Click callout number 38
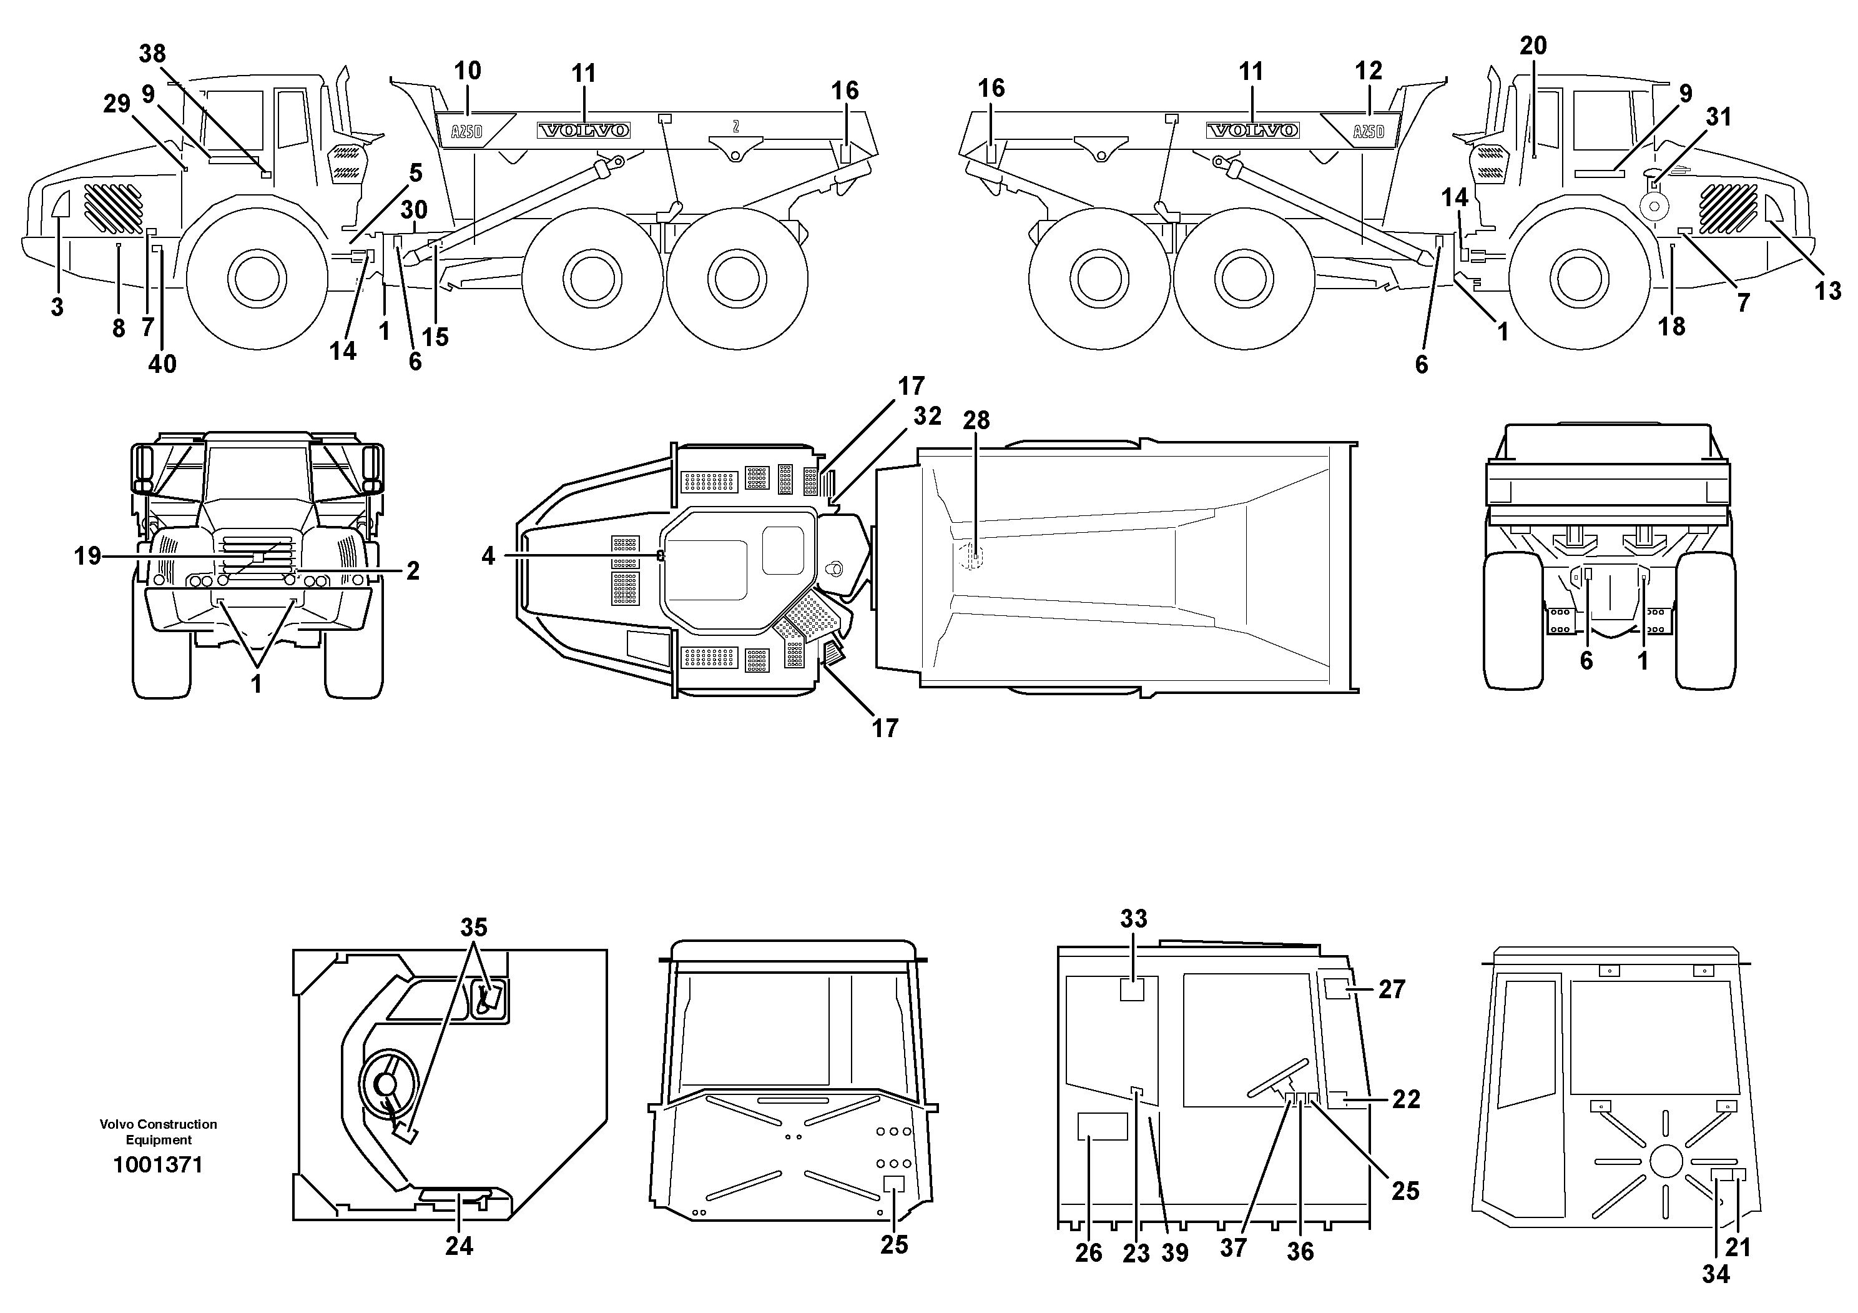point(152,54)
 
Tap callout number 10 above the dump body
point(468,71)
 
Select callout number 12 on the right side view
point(1369,71)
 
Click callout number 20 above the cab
point(1533,46)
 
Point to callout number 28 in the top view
point(976,420)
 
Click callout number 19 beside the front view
point(87,556)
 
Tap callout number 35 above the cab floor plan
point(474,927)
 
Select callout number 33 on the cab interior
point(1134,919)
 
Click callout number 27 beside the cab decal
point(1392,989)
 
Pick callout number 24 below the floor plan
point(459,1246)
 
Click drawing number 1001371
point(158,1165)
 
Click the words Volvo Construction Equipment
point(158,1132)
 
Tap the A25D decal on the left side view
point(467,131)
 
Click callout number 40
point(162,364)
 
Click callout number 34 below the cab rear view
point(1715,1275)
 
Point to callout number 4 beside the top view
point(488,556)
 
